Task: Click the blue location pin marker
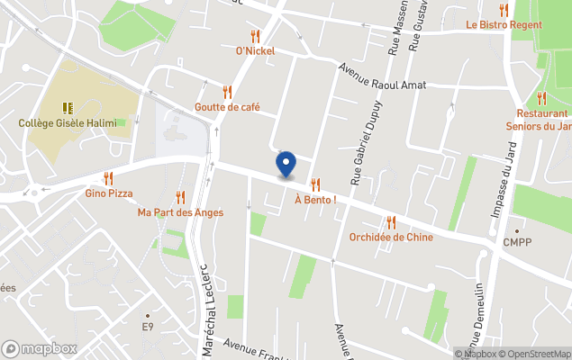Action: coord(286,164)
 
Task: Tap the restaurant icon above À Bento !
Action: coord(315,184)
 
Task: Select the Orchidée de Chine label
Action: coord(391,238)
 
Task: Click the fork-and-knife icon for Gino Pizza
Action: coord(109,178)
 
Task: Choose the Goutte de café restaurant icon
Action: coord(227,92)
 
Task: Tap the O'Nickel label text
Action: coord(255,51)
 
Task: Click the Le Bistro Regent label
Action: coord(504,25)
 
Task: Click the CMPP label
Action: coord(516,242)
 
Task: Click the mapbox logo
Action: coord(40,348)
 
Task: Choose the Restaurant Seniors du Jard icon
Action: coord(541,98)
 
